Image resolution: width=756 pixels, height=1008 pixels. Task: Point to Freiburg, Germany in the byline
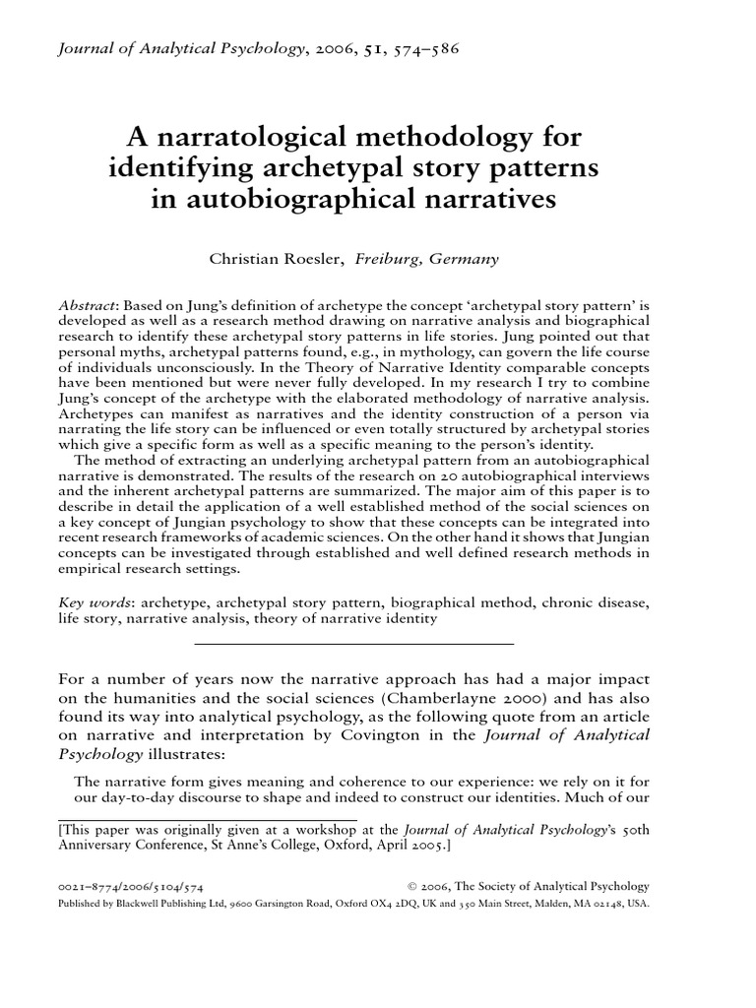pos(427,260)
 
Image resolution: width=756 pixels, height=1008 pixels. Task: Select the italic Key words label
pos(95,601)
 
